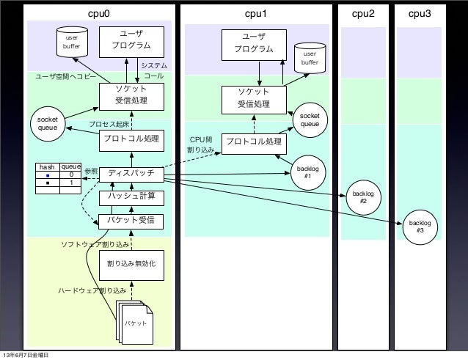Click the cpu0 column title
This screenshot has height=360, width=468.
99,14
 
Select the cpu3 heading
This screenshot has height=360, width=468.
420,14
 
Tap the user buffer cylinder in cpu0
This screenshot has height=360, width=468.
72,42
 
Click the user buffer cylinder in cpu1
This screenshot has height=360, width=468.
310,58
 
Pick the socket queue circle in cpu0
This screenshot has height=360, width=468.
48,124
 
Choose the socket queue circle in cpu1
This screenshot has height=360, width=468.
310,120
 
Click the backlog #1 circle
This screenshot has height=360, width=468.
308,173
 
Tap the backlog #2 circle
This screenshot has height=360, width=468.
363,197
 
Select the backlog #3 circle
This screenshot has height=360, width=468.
420,227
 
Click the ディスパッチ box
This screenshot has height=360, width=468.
131,175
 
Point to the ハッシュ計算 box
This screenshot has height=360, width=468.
131,198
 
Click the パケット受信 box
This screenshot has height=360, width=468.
131,221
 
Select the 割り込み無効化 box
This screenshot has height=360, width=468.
131,265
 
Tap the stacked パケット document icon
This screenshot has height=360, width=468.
134,322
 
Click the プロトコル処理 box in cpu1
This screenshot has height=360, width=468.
254,144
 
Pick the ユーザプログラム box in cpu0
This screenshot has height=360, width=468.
131,42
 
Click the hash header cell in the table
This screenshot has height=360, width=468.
48,167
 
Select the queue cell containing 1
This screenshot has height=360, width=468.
70,183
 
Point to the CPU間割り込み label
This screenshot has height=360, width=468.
200,144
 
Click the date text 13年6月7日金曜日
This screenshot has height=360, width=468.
26,355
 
